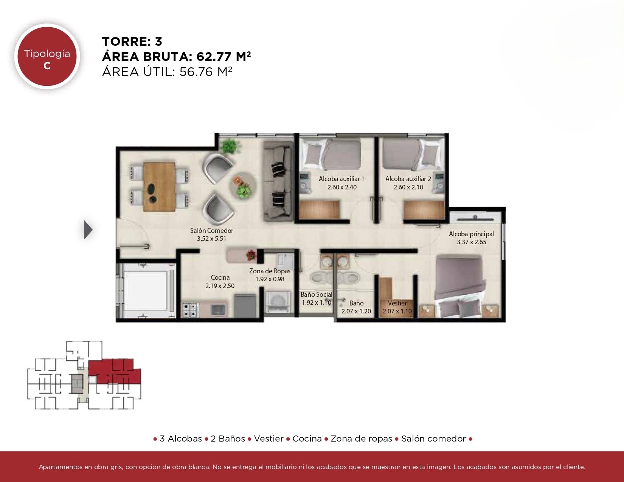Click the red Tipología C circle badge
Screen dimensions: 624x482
point(47,56)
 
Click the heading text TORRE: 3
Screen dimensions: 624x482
point(132,42)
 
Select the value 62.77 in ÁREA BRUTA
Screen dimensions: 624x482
point(214,57)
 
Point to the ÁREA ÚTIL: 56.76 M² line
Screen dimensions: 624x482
point(167,71)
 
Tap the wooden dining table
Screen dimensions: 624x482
point(159,187)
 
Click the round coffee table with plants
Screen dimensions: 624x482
point(243,186)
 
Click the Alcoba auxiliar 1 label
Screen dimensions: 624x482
point(341,179)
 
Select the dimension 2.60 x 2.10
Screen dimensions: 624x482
point(408,187)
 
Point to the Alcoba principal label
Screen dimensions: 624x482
point(471,234)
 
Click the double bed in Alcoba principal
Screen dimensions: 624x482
point(459,286)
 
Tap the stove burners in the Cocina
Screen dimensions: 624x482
point(190,310)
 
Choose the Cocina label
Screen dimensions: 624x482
point(220,277)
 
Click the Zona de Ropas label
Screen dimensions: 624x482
point(270,271)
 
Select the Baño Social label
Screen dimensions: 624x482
point(317,294)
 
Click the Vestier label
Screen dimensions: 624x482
point(397,303)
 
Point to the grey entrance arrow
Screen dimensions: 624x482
point(88,230)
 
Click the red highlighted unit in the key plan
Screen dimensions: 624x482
point(115,371)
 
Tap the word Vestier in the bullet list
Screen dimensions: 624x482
point(269,439)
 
